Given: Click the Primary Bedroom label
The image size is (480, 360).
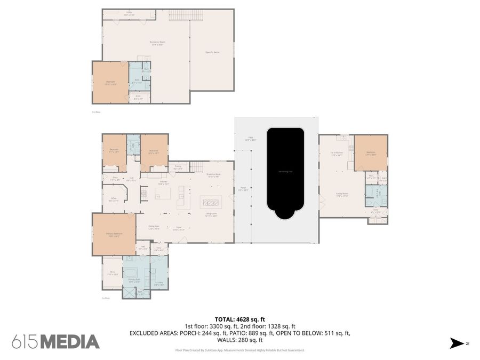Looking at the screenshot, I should (x=114, y=234).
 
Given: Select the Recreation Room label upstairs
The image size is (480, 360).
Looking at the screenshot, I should (x=156, y=43).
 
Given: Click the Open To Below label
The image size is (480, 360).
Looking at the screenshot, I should (x=212, y=52).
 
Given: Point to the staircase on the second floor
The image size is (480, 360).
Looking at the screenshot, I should (x=186, y=15).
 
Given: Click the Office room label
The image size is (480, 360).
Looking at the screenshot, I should (x=114, y=199).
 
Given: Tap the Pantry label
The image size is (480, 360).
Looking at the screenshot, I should (x=178, y=167).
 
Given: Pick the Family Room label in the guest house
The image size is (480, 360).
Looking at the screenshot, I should (x=341, y=195).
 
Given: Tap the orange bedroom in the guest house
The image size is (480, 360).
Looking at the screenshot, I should (x=371, y=153).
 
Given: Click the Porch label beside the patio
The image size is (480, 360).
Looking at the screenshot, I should (x=243, y=189).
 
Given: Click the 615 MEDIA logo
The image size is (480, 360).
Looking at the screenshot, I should (x=55, y=342).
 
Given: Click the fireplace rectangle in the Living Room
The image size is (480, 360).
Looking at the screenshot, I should (x=211, y=202).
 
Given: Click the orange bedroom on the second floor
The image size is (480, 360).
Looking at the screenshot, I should (x=110, y=82).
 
